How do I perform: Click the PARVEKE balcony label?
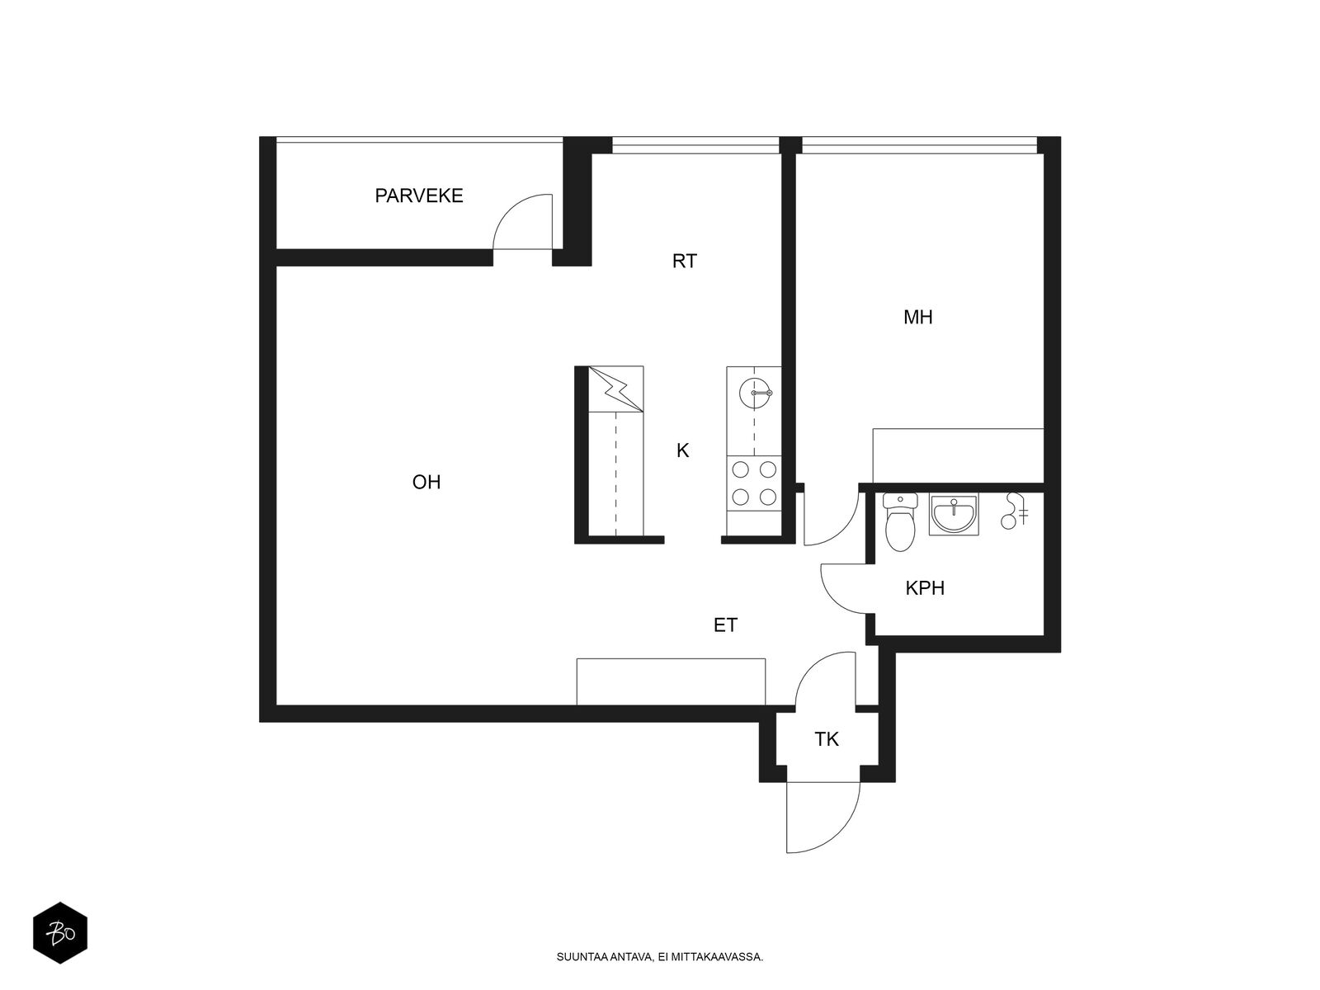pos(418,196)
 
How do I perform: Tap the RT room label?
pos(685,262)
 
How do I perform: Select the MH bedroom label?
pos(917,318)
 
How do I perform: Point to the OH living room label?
pos(427,482)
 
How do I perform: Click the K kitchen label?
pos(682,450)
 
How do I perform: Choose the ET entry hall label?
pos(725,625)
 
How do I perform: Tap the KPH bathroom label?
pos(925,588)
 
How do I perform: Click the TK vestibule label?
pos(827,739)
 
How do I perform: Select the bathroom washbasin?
pos(954,515)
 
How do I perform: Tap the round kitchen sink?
pos(756,393)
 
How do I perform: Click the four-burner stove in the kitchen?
pos(754,483)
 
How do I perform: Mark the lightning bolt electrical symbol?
pos(615,389)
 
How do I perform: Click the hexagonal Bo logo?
pos(60,933)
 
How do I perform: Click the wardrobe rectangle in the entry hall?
pos(671,681)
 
